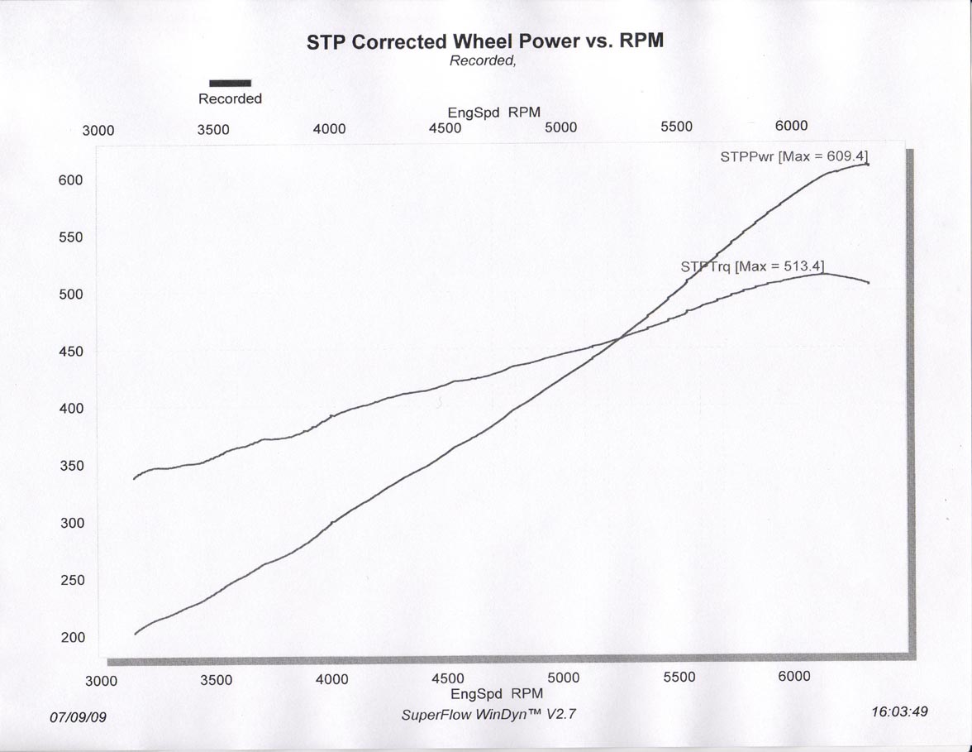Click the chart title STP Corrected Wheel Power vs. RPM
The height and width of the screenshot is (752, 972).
coord(485,41)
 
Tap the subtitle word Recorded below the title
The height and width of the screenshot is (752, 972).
coord(483,60)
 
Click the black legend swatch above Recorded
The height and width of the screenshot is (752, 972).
coord(230,83)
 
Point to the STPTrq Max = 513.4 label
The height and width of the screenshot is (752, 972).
coord(752,266)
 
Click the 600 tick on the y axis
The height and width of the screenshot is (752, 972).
coord(71,180)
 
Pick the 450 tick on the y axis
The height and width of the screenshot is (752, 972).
coord(71,352)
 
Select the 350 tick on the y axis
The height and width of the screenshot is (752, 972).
coord(71,466)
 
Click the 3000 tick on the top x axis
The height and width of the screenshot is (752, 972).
coord(98,131)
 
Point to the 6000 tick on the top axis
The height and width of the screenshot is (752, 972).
coord(791,126)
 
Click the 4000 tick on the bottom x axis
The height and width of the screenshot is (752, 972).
coord(331,679)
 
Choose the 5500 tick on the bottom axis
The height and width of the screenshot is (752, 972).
coord(679,677)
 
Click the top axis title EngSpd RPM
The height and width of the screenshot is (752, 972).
coord(494,113)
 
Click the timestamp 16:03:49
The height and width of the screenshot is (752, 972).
coord(899,711)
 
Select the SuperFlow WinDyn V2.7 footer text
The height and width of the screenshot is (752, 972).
coord(488,715)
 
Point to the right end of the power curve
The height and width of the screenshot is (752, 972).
coord(867,164)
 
